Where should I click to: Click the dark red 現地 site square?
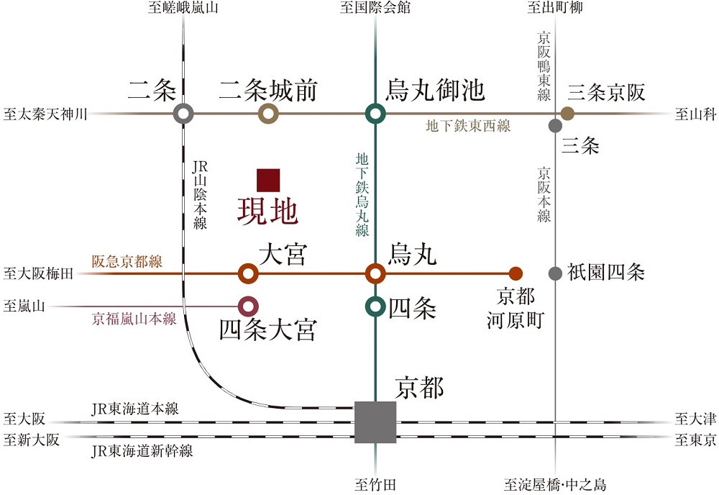click(268, 180)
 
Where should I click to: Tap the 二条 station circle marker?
click(184, 113)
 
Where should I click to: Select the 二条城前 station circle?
click(268, 113)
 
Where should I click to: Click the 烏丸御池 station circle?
click(375, 113)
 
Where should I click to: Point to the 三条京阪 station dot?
click(567, 113)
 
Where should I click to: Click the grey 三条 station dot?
click(555, 126)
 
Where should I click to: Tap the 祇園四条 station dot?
click(555, 273)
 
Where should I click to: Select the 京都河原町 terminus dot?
click(515, 273)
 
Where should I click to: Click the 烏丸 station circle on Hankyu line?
click(375, 273)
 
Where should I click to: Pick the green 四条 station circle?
click(375, 306)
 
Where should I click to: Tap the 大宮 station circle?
click(248, 273)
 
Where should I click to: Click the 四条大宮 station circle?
click(248, 306)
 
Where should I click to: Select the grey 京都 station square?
click(375, 422)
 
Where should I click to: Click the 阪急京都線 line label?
click(127, 262)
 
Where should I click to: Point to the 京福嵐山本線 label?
click(134, 319)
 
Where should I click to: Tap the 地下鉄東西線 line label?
click(468, 127)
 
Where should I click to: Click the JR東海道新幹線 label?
click(142, 452)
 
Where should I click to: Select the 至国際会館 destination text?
click(375, 9)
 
